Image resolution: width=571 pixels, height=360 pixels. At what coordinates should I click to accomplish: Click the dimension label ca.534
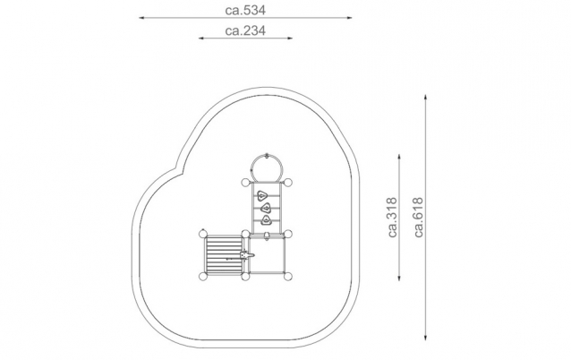coord(245,10)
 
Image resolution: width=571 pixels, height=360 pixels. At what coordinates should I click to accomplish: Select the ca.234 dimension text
coord(245,30)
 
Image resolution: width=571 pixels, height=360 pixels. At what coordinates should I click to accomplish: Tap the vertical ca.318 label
coord(392,218)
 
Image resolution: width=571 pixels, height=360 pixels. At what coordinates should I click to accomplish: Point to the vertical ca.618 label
coord(419,218)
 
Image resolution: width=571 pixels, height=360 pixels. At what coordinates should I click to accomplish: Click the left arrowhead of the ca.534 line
coord(141,18)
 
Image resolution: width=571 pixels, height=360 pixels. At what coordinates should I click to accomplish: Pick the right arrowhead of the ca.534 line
coord(350,18)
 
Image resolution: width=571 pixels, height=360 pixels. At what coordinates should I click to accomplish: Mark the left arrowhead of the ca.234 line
coord(201,38)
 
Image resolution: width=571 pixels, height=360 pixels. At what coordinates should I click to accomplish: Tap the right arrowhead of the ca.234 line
coord(290,38)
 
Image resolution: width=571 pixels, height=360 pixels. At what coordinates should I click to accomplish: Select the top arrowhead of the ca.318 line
coord(399,157)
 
